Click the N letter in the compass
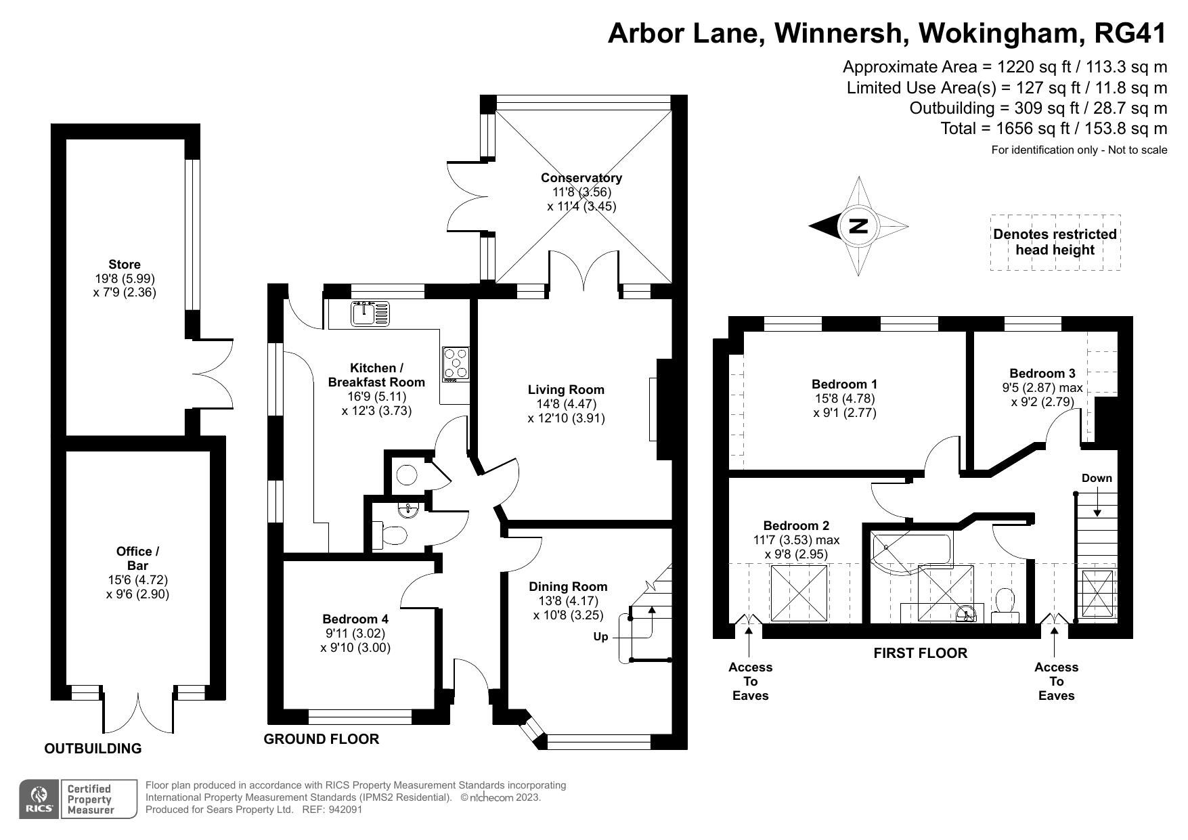coord(858,226)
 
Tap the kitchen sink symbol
coord(370,313)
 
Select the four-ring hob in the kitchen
coord(456,363)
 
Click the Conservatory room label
coord(581,178)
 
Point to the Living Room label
coord(566,390)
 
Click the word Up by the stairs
coord(600,637)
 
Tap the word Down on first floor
coord(1096,478)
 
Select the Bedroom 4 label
coord(355,619)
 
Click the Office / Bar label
coord(137,558)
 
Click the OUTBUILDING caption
coord(93,748)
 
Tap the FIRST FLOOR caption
coord(920,653)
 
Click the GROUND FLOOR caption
coord(321,739)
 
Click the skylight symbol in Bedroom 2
coord(800,592)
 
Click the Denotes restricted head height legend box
coord(1055,242)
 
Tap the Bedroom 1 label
coord(844,384)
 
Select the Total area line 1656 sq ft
coord(1053,129)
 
